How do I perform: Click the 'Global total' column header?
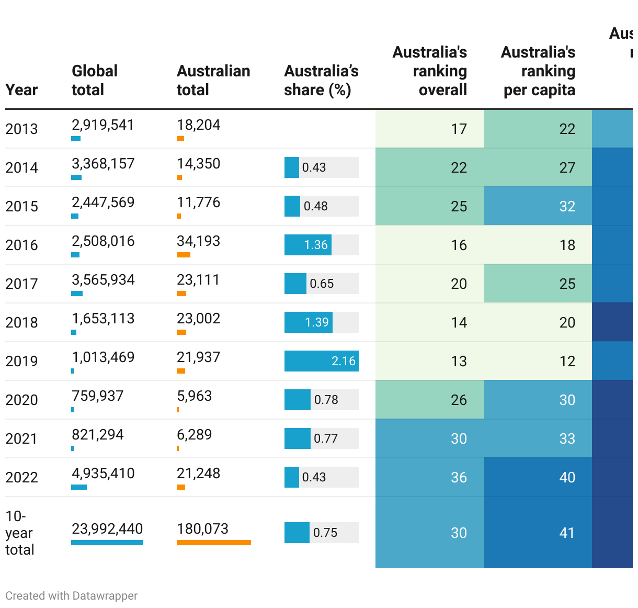click(95, 81)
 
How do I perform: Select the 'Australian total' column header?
click(213, 81)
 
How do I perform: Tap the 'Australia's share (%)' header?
click(321, 81)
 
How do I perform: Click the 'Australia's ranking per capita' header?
click(539, 71)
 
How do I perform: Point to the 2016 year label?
click(21, 245)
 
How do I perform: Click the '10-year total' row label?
click(19, 533)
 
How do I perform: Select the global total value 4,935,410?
click(103, 474)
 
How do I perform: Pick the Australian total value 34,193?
click(198, 241)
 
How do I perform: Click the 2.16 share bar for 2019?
click(321, 361)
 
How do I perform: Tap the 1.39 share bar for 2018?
click(309, 322)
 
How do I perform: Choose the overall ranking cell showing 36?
click(430, 477)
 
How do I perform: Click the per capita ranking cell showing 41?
click(538, 533)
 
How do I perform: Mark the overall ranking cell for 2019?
click(430, 361)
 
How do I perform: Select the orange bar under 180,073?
click(213, 543)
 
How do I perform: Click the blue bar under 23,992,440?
click(107, 543)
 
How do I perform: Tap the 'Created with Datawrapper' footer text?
click(72, 596)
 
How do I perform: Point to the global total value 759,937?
click(98, 396)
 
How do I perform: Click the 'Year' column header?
click(21, 90)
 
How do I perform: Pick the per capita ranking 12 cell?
click(538, 361)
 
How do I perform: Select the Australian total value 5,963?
click(195, 396)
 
